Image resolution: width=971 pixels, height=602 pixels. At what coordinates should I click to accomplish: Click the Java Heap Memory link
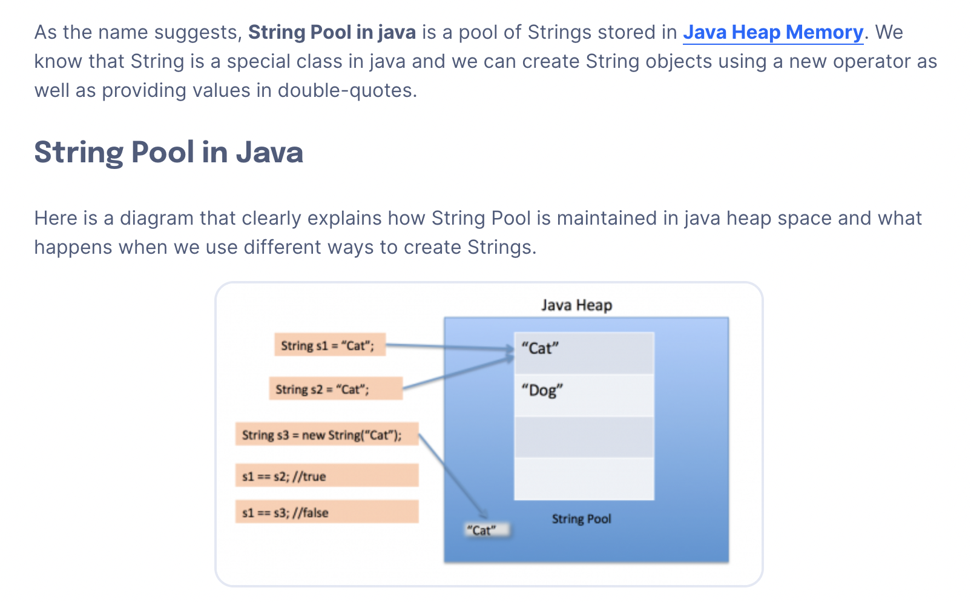772,32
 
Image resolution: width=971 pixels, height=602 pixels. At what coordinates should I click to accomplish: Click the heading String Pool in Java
168,152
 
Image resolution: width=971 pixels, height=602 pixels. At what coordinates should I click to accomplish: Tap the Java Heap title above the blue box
576,305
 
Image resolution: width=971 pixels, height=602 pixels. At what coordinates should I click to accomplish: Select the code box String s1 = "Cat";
329,345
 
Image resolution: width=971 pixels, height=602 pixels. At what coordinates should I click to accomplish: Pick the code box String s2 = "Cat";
335,389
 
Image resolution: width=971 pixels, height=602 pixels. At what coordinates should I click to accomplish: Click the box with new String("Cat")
326,434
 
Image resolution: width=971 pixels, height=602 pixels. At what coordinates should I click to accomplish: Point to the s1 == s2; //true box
326,476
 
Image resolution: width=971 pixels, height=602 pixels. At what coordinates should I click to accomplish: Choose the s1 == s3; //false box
326,512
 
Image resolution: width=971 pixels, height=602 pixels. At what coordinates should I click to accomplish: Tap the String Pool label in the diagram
581,519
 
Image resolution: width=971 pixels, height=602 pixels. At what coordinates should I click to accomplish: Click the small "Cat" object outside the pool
486,531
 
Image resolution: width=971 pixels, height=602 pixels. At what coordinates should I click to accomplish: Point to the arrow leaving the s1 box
448,346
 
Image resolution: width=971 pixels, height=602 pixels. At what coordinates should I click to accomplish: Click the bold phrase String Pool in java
332,32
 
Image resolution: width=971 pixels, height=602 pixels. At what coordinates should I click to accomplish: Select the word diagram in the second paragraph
156,218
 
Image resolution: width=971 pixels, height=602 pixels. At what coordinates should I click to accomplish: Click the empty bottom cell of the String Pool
584,479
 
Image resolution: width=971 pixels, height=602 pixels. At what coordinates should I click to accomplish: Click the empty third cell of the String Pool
584,437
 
